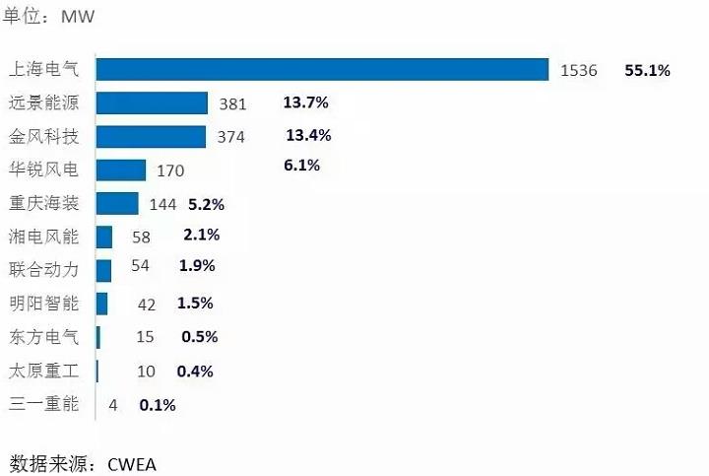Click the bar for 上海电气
322,69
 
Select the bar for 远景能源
153,103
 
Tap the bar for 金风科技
152,137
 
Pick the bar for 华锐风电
121,170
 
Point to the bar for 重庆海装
118,204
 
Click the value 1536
579,71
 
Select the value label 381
232,104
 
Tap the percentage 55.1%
647,71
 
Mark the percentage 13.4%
308,135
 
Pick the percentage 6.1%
301,166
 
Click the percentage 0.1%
158,404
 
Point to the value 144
162,205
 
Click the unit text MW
78,17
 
